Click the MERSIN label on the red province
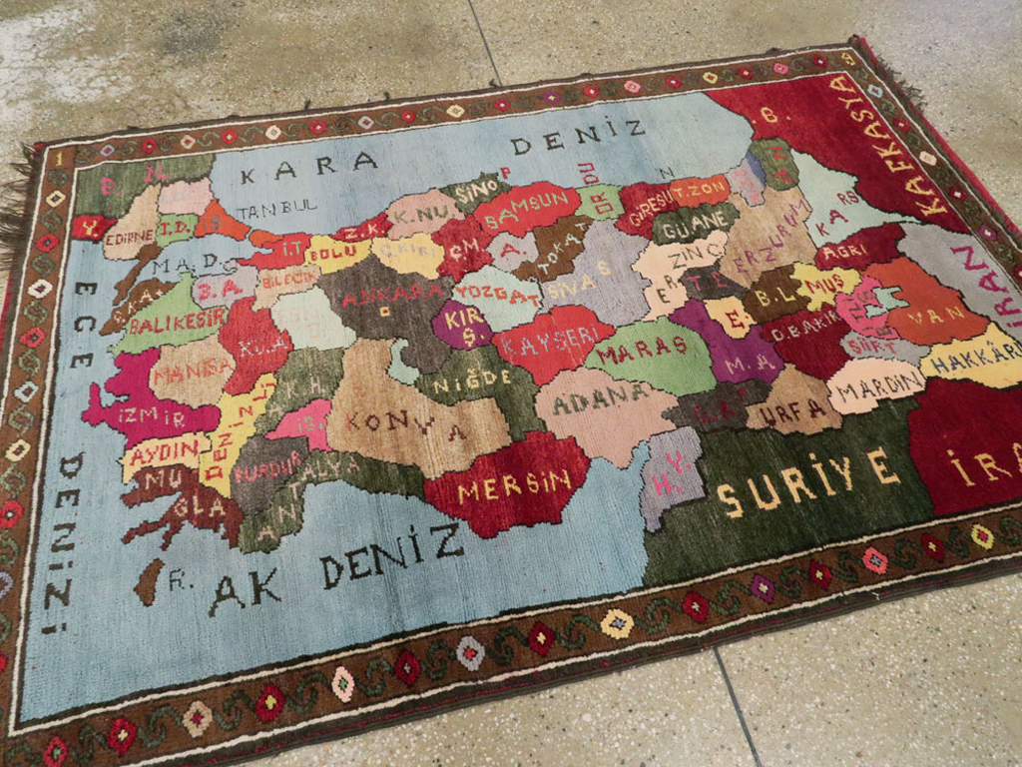coord(514,484)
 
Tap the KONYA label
coord(400,426)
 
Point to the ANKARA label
coord(394,292)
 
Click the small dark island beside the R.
coord(149,581)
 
